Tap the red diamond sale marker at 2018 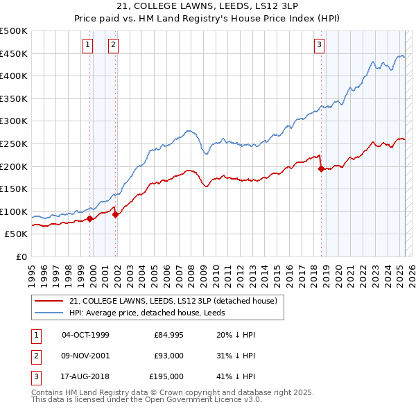click(x=321, y=168)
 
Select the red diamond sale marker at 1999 click(x=90, y=218)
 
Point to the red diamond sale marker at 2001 click(x=116, y=215)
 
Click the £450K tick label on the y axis click(x=14, y=53)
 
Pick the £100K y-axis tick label click(x=14, y=211)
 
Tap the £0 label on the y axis click(x=21, y=256)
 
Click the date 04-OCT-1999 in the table click(x=85, y=336)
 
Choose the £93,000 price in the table click(x=169, y=356)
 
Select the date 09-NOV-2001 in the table click(x=85, y=356)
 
